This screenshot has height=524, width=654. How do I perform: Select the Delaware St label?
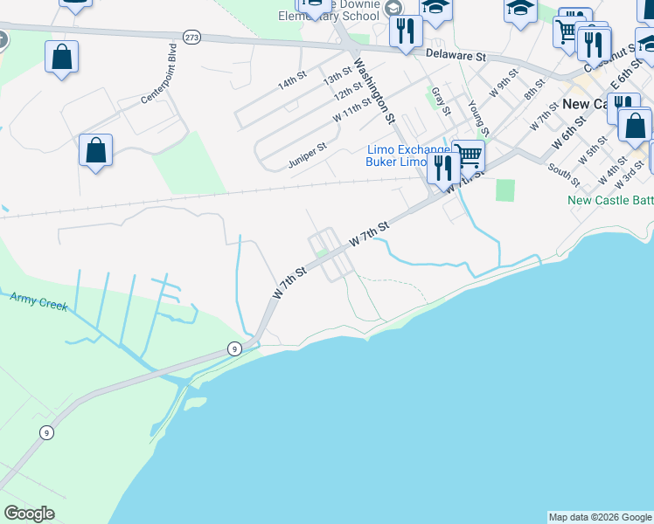click(x=456, y=54)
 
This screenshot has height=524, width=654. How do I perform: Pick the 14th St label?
click(x=292, y=83)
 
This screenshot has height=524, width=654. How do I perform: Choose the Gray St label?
click(x=440, y=101)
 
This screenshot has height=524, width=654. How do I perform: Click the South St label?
click(x=563, y=173)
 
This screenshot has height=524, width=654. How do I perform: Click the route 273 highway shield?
click(x=192, y=37)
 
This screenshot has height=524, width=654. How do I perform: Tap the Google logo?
click(x=29, y=514)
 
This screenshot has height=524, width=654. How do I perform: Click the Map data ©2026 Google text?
click(x=600, y=517)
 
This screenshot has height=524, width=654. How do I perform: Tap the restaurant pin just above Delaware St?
click(x=405, y=31)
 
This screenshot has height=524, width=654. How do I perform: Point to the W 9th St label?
click(x=504, y=89)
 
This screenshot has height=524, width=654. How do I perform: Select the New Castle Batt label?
click(x=610, y=200)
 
